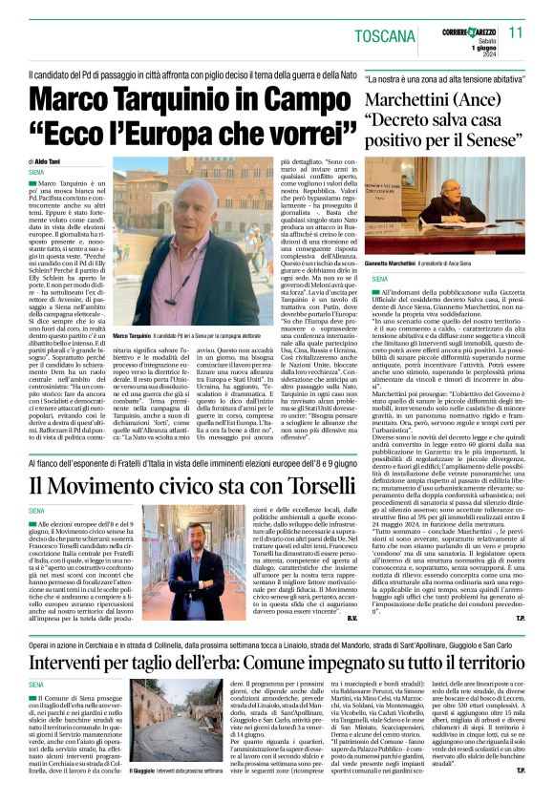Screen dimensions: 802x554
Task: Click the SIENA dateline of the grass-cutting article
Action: click(x=39, y=709)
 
